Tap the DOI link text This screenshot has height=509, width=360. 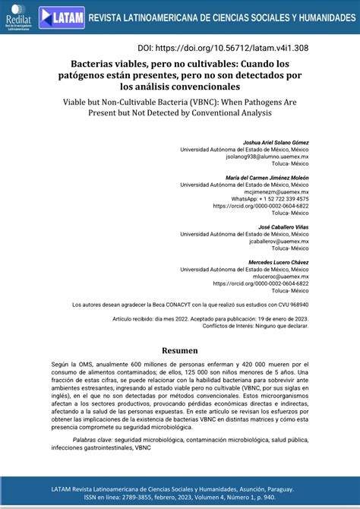[224, 46]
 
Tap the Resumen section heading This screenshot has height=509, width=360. [180, 351]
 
